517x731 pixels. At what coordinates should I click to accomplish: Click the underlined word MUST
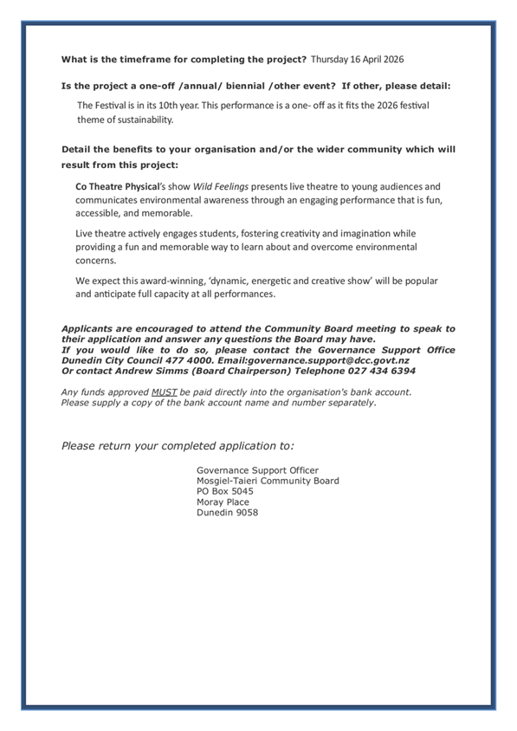(164, 392)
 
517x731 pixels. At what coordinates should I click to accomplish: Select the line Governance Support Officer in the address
(257, 470)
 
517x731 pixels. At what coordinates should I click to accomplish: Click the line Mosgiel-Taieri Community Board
(268, 481)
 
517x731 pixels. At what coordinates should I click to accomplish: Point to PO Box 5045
(225, 491)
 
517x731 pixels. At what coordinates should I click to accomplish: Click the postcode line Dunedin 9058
(227, 512)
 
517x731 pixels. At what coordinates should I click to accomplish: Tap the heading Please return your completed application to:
(178, 445)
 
